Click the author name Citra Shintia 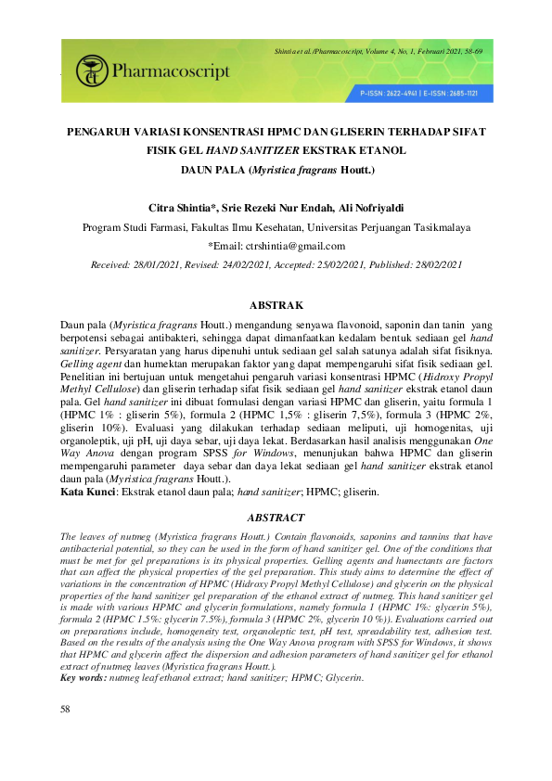click(x=181, y=206)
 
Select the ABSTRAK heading click(x=276, y=304)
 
